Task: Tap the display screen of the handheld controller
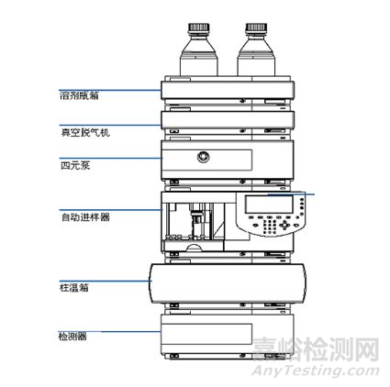[280, 205]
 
